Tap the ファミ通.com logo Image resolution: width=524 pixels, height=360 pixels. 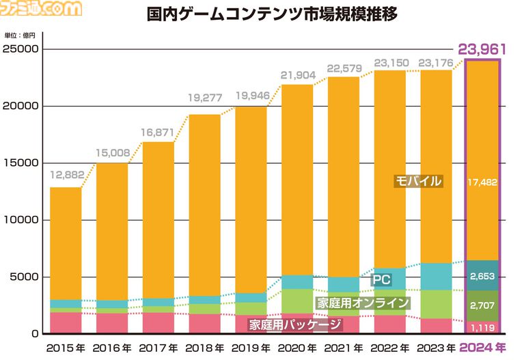coord(42,8)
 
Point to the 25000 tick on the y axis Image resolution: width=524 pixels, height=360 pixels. coord(23,49)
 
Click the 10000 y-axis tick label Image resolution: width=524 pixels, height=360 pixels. coord(23,220)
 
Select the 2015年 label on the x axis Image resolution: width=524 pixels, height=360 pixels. coord(66,348)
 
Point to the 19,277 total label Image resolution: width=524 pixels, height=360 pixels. coord(204,98)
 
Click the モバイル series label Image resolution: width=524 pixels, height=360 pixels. coord(419,181)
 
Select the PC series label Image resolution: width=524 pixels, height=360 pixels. coord(381,279)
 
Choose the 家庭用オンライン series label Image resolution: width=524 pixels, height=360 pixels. coord(362,303)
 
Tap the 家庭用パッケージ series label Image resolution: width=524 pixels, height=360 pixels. coord(294,324)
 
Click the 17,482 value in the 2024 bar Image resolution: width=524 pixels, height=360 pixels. coord(483,182)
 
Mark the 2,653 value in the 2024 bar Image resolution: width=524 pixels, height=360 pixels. coord(483,276)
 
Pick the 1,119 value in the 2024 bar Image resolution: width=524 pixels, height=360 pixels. coord(483,327)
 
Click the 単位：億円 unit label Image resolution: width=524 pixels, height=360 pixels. coord(18,35)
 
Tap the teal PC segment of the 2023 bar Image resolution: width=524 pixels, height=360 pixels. coord(436,277)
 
